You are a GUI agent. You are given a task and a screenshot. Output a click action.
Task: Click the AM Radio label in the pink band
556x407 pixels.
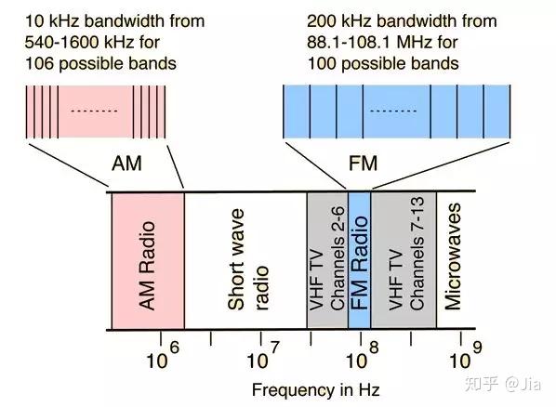point(147,266)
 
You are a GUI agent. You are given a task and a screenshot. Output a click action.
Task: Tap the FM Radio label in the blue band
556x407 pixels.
point(359,263)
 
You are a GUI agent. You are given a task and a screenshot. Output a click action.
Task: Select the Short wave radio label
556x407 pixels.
point(248,259)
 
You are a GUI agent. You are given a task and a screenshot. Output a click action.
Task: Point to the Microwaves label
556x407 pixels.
point(453,256)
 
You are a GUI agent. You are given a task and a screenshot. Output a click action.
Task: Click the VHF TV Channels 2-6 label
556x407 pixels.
point(327,258)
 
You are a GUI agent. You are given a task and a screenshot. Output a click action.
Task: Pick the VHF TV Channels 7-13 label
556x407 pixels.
point(406,254)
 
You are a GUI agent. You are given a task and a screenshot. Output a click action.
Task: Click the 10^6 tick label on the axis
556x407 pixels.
point(163,356)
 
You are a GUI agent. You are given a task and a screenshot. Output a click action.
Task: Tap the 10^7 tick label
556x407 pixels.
point(263,356)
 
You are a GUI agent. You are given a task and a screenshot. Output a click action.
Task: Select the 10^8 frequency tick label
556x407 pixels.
point(363,356)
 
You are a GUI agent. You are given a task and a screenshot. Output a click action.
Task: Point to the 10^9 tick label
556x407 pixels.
point(465,356)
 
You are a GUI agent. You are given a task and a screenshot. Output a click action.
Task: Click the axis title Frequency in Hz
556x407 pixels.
point(316,390)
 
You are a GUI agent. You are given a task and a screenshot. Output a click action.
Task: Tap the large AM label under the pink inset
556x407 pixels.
point(126,164)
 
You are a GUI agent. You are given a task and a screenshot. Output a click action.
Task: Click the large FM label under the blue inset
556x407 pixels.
point(364,164)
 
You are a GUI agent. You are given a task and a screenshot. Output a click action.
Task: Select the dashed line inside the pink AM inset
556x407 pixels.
point(94,111)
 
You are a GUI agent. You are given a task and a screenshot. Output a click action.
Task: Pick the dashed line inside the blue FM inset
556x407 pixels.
point(393,111)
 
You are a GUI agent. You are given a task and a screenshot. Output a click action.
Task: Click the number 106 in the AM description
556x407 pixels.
point(39,64)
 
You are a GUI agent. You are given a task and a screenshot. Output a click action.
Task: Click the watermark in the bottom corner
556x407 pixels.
point(503,384)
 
